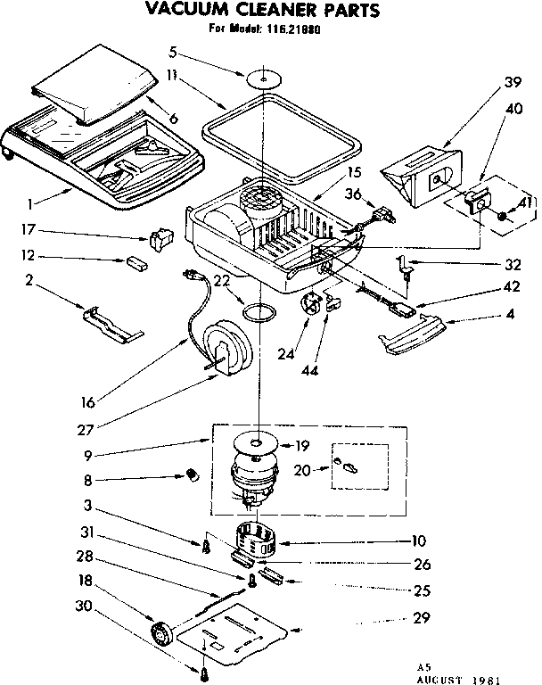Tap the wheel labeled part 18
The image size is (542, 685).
(x=161, y=634)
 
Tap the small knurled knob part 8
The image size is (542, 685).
(x=190, y=478)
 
